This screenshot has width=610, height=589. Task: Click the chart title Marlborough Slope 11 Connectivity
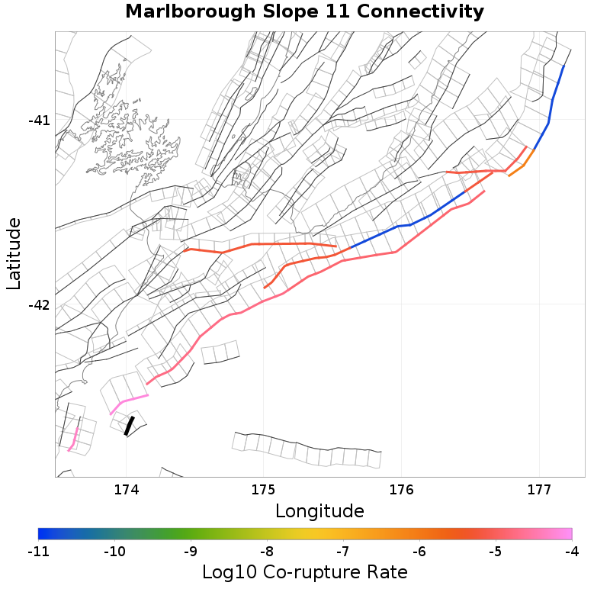click(304, 12)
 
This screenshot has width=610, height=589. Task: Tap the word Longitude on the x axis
click(319, 510)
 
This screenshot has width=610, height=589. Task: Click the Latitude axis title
click(14, 253)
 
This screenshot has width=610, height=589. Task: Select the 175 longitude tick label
click(263, 489)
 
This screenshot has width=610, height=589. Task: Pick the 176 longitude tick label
click(401, 489)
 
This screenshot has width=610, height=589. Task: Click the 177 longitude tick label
click(539, 489)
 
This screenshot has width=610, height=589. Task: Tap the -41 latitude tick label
click(39, 121)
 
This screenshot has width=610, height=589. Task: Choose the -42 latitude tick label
click(39, 305)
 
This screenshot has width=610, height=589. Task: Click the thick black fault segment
click(129, 426)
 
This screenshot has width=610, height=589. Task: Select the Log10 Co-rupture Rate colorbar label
click(304, 571)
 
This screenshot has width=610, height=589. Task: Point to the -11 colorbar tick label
click(38, 551)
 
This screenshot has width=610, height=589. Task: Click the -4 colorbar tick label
click(572, 551)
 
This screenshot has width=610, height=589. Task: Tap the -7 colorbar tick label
click(343, 551)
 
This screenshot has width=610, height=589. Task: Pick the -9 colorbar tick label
click(191, 551)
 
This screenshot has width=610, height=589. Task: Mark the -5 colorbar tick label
click(496, 551)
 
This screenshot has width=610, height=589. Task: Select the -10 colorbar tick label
click(114, 551)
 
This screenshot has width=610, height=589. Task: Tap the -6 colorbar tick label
click(419, 551)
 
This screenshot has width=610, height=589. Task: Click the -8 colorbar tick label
click(267, 551)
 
